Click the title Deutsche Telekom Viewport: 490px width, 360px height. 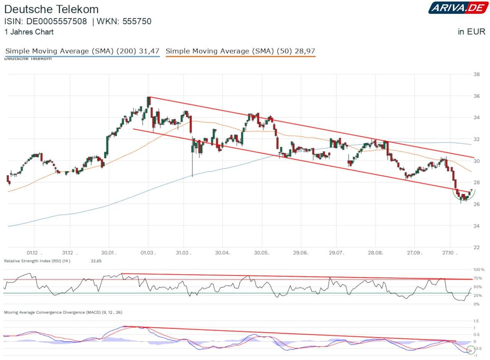click(x=51, y=9)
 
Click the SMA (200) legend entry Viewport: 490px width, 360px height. click(x=82, y=51)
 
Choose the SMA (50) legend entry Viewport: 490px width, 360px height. click(x=240, y=51)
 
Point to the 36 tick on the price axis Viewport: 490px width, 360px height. click(x=476, y=96)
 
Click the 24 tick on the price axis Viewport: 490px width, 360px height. click(x=476, y=226)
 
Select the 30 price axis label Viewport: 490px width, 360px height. click(x=476, y=161)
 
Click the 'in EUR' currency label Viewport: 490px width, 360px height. click(x=471, y=32)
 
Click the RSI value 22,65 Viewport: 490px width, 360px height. click(x=96, y=261)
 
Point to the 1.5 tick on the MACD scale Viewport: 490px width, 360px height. click(x=475, y=321)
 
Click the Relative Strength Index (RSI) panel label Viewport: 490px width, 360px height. click(x=37, y=261)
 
